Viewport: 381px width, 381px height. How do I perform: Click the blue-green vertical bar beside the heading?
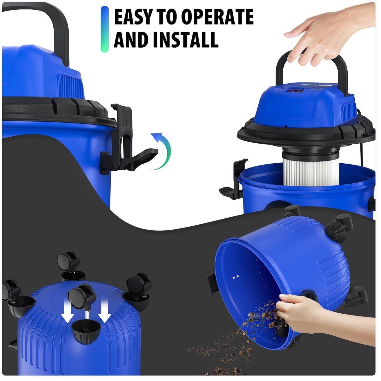tap(104, 29)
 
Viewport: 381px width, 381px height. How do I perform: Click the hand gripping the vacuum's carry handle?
tap(326, 34)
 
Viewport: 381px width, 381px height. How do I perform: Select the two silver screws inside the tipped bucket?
tap(235, 277)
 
